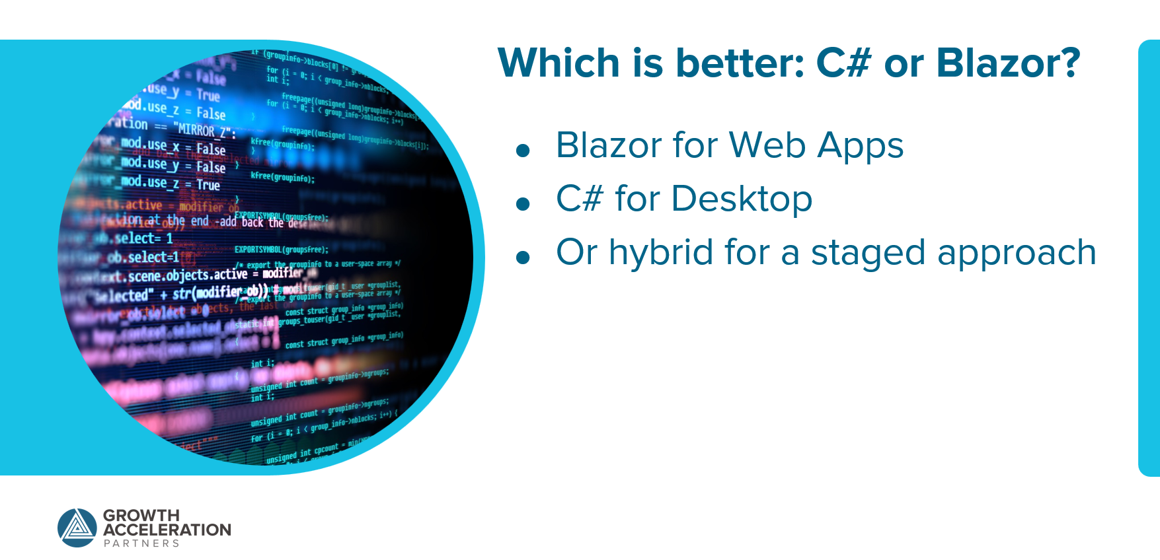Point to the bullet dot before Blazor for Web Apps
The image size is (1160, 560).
tap(523, 151)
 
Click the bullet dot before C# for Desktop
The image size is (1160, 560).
tap(523, 204)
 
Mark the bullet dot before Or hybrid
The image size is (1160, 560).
tap(523, 258)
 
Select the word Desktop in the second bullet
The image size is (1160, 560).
tap(742, 200)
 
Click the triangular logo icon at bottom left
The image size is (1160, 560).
tap(77, 528)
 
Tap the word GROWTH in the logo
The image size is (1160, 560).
tap(141, 515)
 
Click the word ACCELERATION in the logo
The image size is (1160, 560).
tap(167, 530)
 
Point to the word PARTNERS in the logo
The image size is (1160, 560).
tap(141, 543)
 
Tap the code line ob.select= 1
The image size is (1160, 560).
tap(142, 238)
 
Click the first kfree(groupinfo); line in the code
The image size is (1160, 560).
tap(282, 145)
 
